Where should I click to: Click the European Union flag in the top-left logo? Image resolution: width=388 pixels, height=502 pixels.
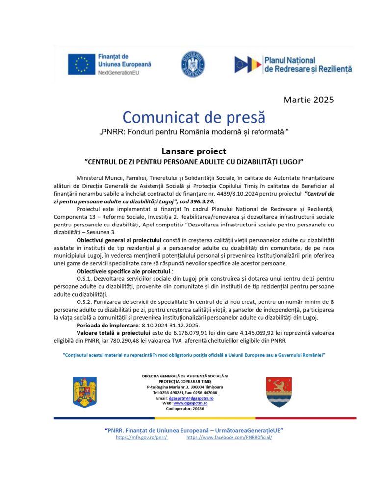pos(81,64)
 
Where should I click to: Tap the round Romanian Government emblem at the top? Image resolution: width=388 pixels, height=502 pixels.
pos(192,64)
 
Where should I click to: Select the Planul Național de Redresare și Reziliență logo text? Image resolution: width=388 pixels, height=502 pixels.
pos(308,64)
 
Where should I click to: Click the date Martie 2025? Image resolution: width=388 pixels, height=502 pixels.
pos(309,100)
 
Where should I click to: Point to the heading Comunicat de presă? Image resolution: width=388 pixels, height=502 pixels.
pos(194,117)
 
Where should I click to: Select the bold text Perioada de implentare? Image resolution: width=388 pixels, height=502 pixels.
pos(108,325)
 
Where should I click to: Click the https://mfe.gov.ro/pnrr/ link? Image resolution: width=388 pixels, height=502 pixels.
pos(142,437)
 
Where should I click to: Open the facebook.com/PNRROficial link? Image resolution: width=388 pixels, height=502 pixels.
pos(229,437)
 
